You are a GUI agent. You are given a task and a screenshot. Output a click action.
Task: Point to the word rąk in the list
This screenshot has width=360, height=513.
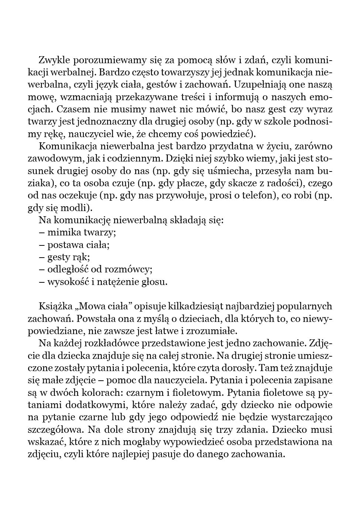(x=82, y=257)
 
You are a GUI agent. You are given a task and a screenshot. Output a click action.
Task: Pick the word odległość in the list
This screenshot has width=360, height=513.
(x=68, y=269)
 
